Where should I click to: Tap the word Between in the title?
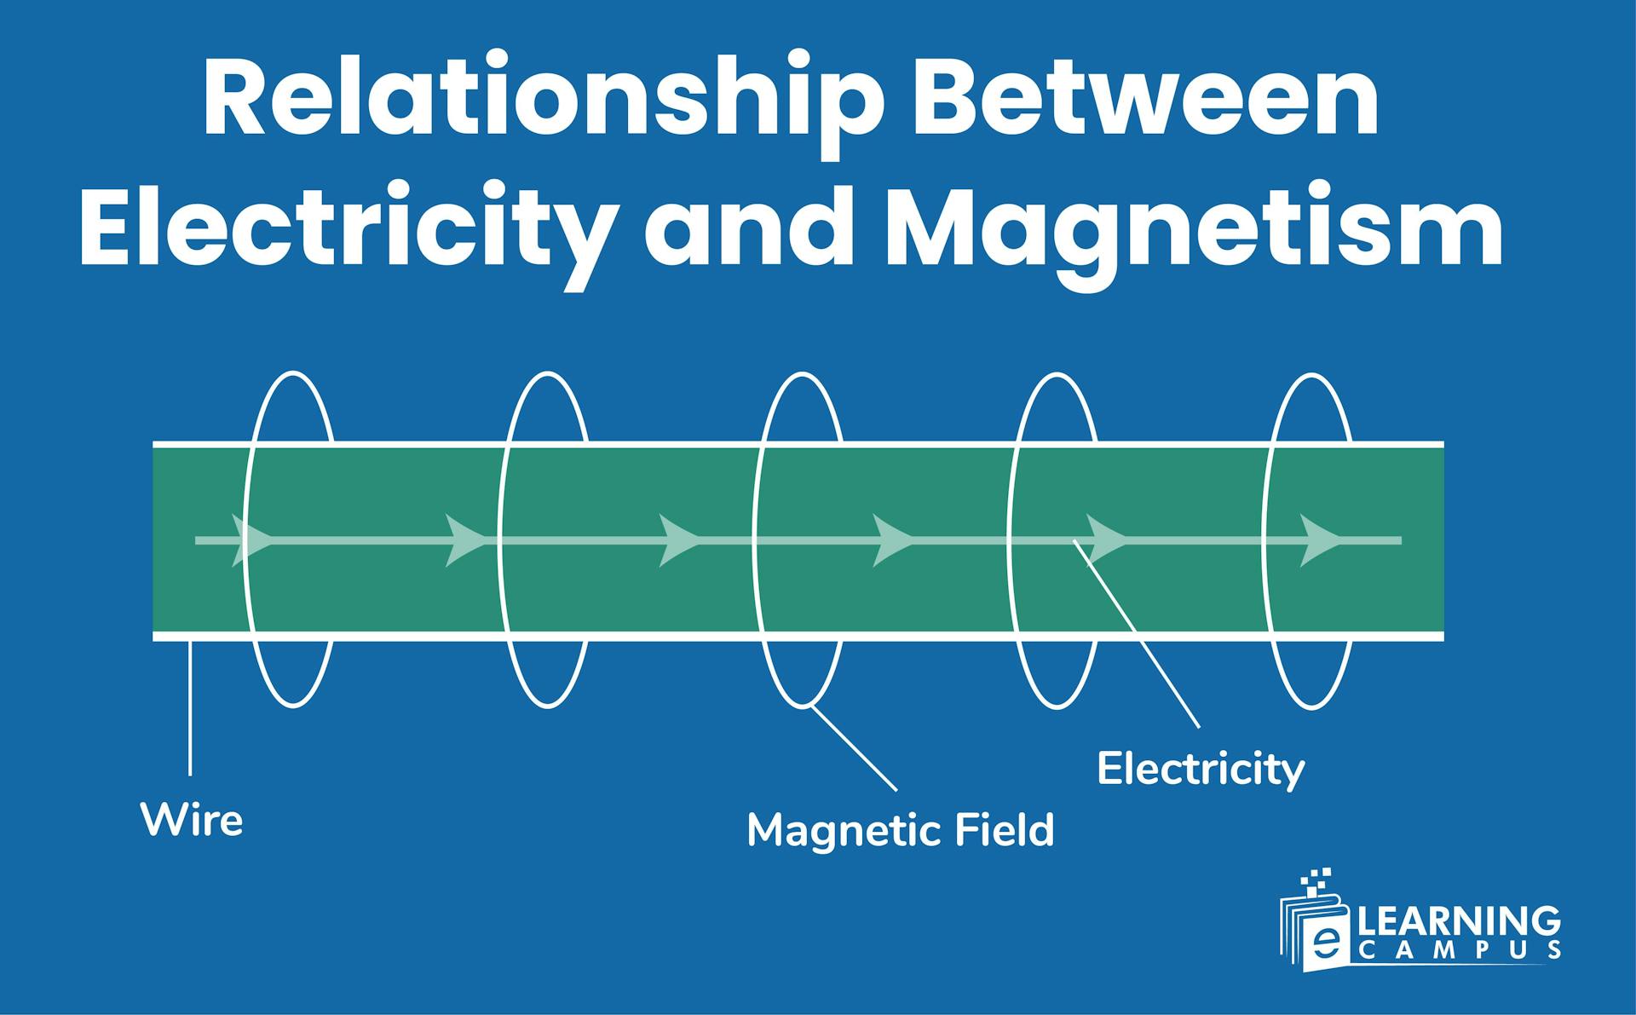(x=1145, y=98)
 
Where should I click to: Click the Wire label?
(x=192, y=820)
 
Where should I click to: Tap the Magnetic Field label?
(x=901, y=830)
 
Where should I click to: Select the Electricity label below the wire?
(x=1201, y=769)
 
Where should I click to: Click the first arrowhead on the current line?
(x=251, y=539)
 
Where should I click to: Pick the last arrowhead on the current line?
(x=1319, y=539)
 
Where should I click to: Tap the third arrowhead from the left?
(x=679, y=539)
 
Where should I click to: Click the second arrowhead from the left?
(x=465, y=539)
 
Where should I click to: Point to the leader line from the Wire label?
(x=190, y=707)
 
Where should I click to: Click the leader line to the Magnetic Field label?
(x=854, y=748)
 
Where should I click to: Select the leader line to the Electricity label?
(x=1138, y=634)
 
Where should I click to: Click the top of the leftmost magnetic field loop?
(x=293, y=374)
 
